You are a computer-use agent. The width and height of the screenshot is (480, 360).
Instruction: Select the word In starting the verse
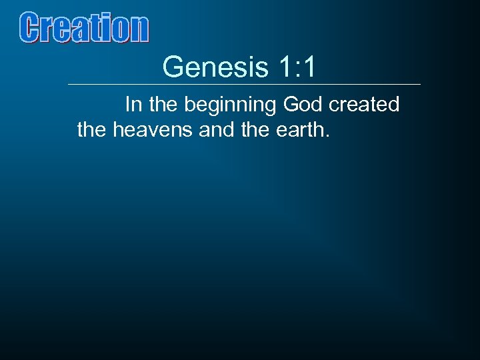pos(133,105)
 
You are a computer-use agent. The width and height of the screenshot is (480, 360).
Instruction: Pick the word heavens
pos(153,129)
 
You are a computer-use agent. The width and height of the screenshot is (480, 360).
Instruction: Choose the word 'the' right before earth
pos(253,129)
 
